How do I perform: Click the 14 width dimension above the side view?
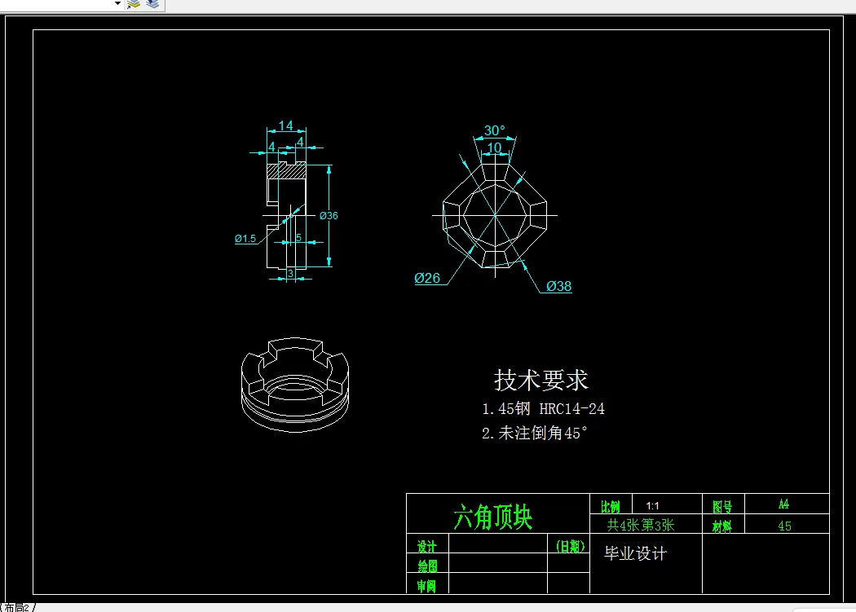point(285,125)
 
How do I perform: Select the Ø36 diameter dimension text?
point(329,216)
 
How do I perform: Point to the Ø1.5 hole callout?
point(245,239)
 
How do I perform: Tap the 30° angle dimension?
point(494,130)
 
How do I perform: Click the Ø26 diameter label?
point(427,279)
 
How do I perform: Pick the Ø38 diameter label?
point(559,287)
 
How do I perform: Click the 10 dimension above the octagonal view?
point(494,147)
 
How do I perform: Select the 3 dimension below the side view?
point(290,274)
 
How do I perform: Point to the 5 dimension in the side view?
point(298,237)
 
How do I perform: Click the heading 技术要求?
point(541,380)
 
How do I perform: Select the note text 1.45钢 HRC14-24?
point(543,409)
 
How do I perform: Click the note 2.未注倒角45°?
point(534,434)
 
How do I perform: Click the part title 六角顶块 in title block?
point(492,517)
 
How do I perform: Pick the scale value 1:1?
point(652,506)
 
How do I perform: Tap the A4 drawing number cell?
point(783,504)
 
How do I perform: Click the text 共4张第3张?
point(641,526)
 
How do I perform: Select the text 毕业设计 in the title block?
point(635,554)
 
